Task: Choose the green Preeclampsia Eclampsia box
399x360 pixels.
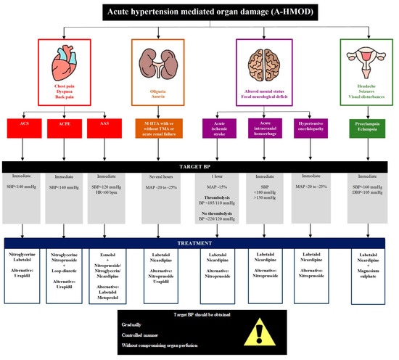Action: click(x=369, y=127)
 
